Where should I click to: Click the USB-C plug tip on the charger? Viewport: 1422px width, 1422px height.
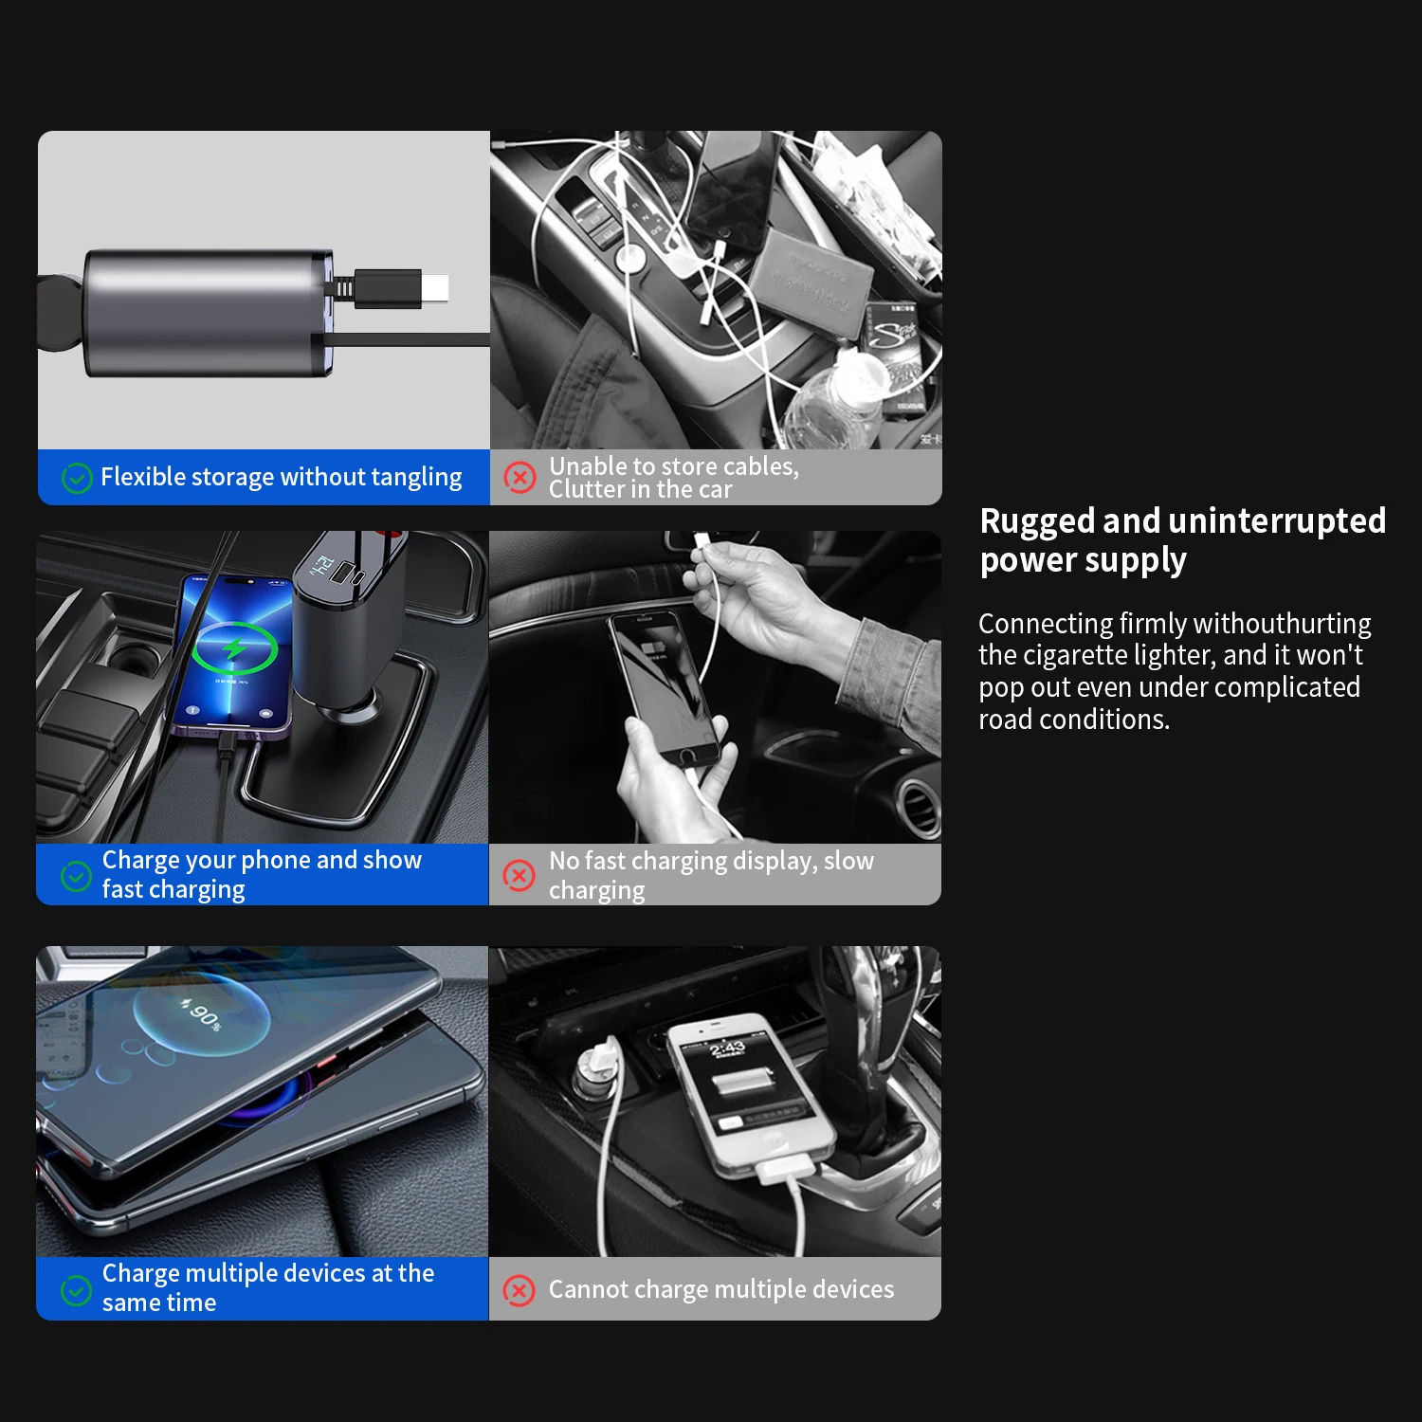435,288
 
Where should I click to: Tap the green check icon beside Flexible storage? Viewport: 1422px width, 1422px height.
77,478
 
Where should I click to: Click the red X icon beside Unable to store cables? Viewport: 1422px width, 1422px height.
519,477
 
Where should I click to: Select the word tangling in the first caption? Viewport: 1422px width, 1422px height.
416,478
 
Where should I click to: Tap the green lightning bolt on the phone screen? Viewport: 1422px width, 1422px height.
233,649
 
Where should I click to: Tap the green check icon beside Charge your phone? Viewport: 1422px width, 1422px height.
76,876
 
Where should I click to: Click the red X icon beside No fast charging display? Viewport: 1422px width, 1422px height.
519,875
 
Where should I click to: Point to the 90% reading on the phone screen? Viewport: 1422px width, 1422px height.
202,1014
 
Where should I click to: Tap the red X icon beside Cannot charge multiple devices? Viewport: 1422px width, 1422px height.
519,1290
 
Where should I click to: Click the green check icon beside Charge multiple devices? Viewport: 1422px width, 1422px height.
76,1289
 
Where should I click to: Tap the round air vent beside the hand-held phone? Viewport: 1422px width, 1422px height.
918,806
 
